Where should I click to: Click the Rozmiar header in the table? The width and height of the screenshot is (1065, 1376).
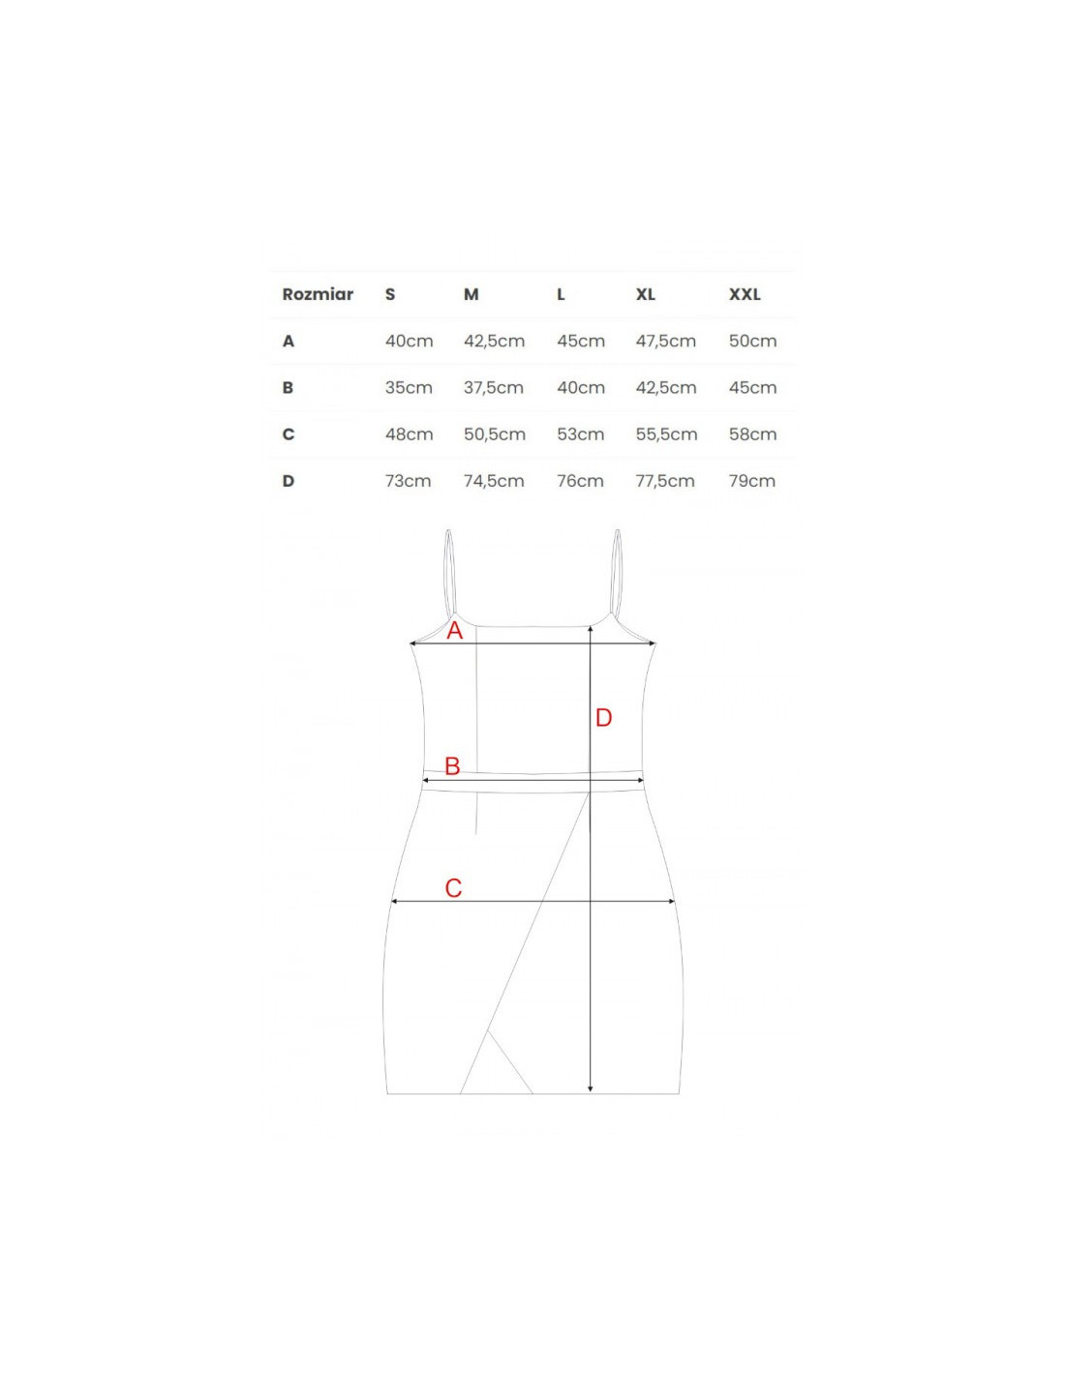coord(318,294)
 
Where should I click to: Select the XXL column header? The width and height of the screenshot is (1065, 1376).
coord(745,294)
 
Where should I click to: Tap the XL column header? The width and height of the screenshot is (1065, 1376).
coord(646,294)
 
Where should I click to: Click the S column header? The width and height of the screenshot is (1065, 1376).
coord(390,294)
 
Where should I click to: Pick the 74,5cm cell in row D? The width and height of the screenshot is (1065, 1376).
coord(494,481)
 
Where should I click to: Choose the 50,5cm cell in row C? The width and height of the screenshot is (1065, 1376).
coord(494,434)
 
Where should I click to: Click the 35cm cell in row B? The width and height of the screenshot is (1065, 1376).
coord(409,387)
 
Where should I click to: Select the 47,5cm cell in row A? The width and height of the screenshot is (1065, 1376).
coord(666,342)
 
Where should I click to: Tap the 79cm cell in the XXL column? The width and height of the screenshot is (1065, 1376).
coord(752,481)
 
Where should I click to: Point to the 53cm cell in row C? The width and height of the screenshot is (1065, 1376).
coord(580,434)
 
